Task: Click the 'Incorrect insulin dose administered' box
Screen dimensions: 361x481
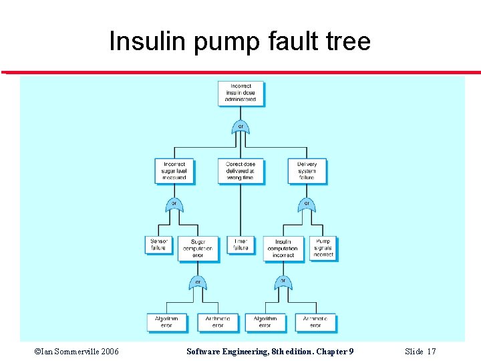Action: pos(240,93)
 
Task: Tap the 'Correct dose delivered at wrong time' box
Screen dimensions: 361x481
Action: pos(240,171)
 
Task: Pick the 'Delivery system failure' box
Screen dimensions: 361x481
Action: pos(307,171)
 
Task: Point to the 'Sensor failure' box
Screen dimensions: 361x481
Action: pos(158,244)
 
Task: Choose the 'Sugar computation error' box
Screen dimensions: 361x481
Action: pos(198,248)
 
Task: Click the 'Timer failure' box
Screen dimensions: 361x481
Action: pos(240,244)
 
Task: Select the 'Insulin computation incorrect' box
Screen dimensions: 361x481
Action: pos(283,248)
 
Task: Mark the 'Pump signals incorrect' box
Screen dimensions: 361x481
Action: pos(323,248)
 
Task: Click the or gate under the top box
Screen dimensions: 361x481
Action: pos(240,126)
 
